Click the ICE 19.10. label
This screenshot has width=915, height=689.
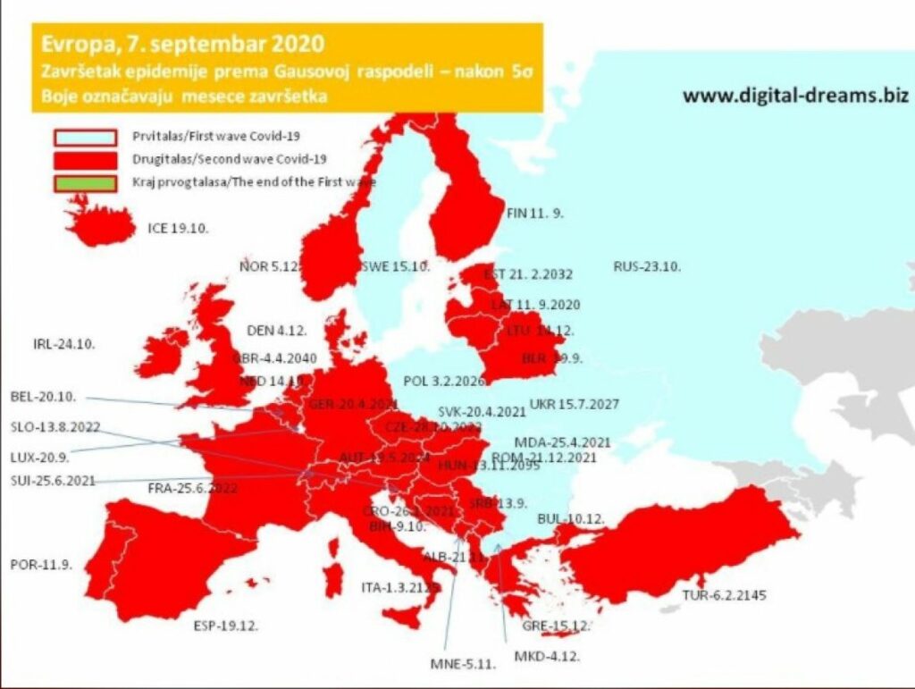178,228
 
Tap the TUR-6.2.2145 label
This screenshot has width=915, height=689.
724,594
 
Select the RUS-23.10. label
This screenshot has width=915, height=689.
647,266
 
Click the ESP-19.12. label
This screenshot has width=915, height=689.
226,626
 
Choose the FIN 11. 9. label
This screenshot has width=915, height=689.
534,214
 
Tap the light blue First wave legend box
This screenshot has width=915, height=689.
86,138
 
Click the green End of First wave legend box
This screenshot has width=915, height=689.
86,182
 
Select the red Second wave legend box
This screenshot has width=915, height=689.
86,160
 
